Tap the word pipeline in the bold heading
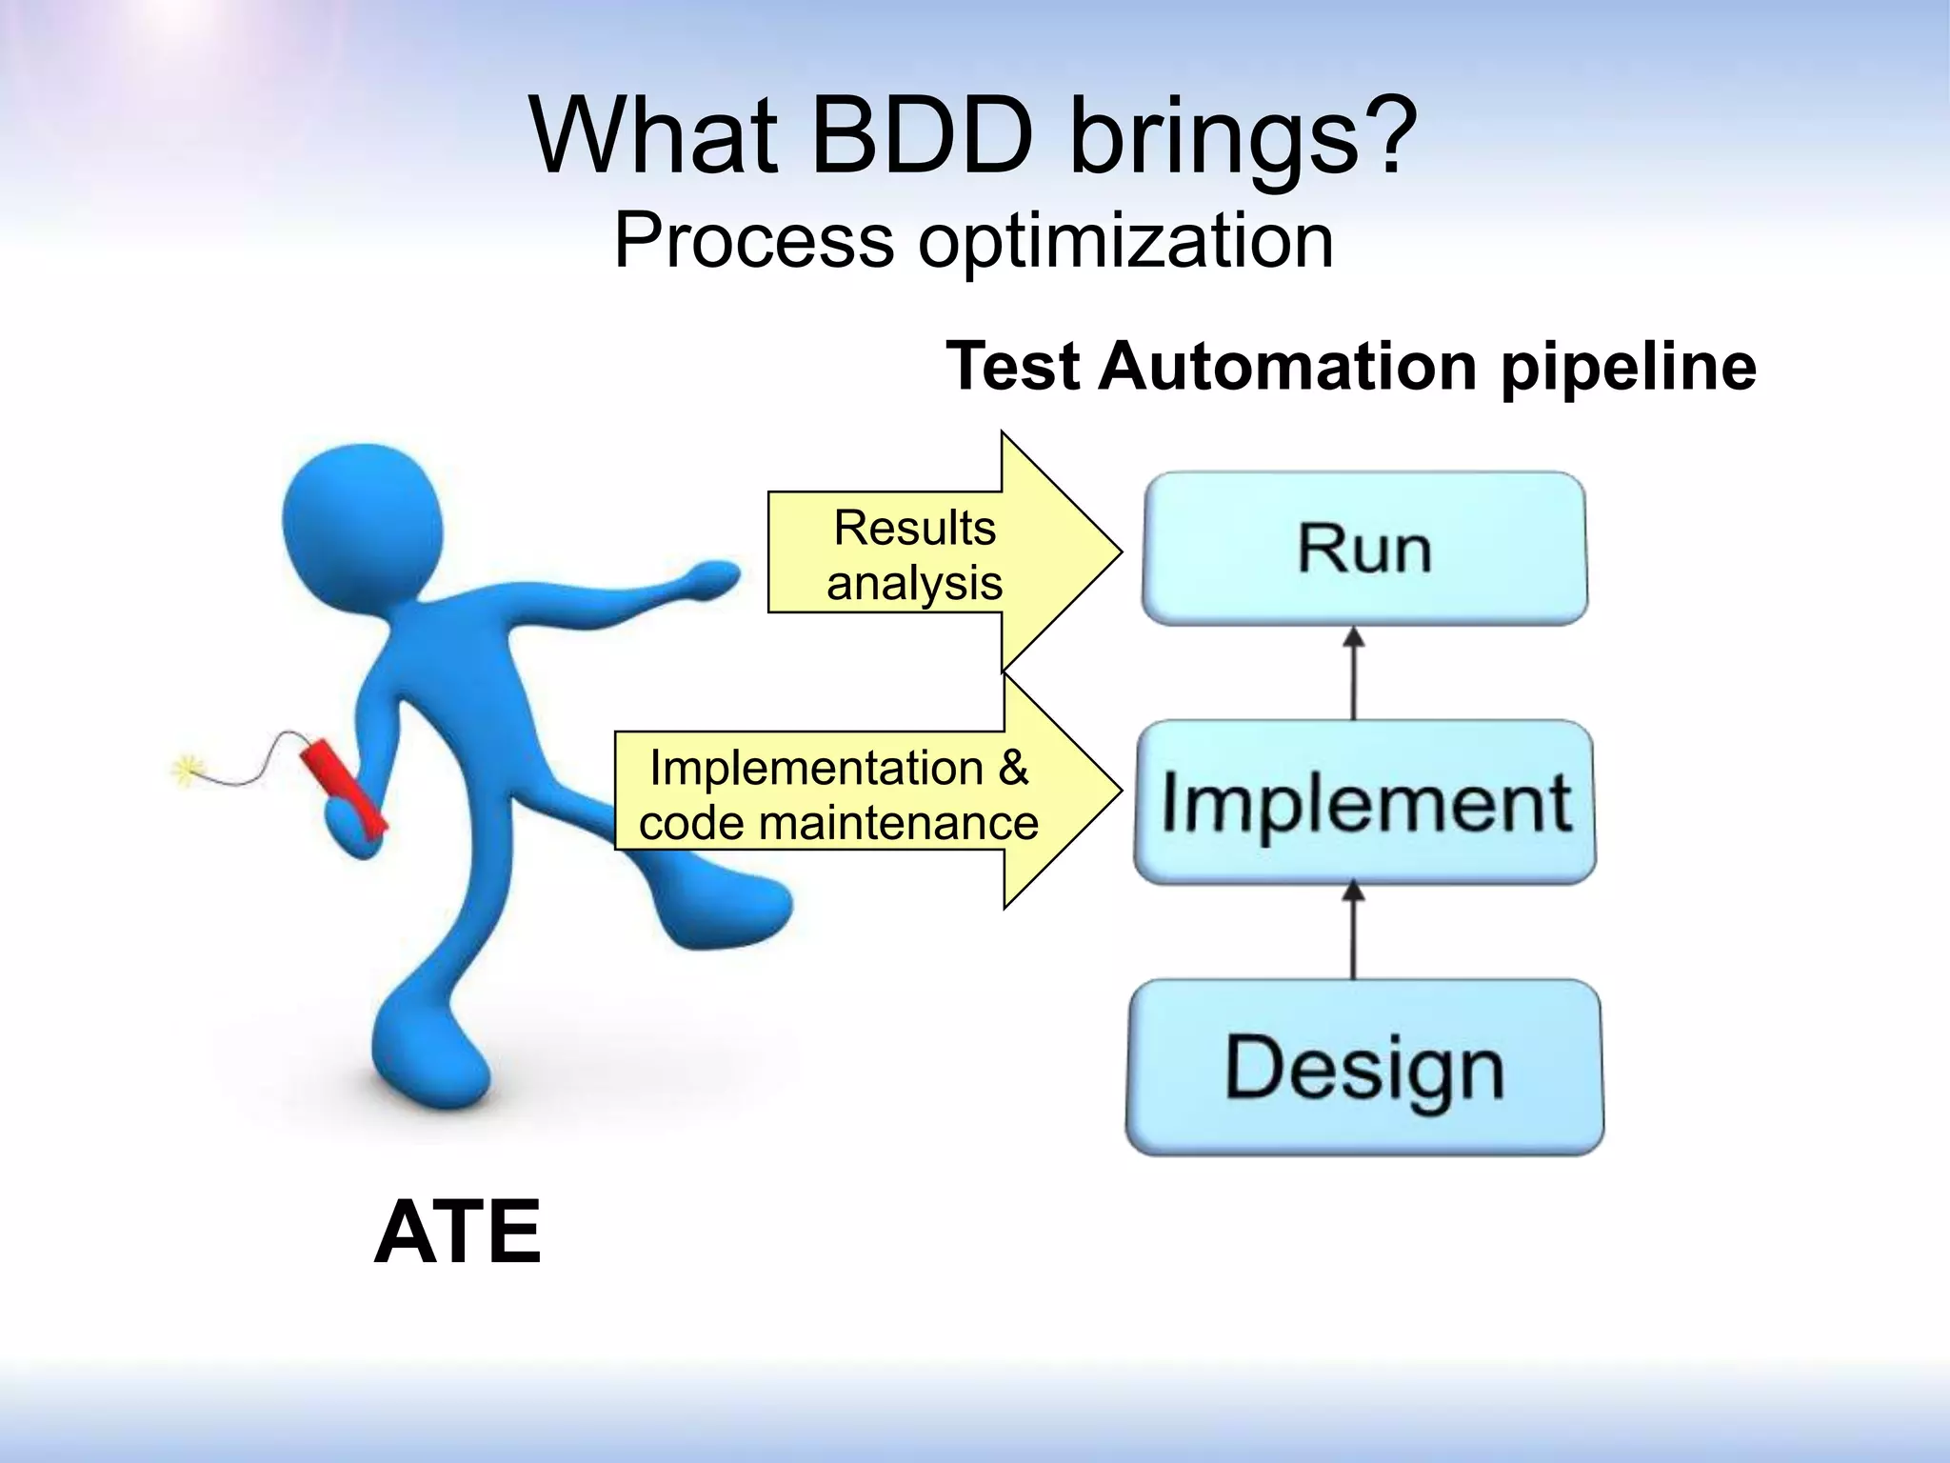1628,367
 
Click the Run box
1364,549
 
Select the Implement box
1364,802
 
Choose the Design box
1364,1067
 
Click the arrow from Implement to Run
1353,672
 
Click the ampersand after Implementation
1013,768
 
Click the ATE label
458,1233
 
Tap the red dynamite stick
343,785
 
